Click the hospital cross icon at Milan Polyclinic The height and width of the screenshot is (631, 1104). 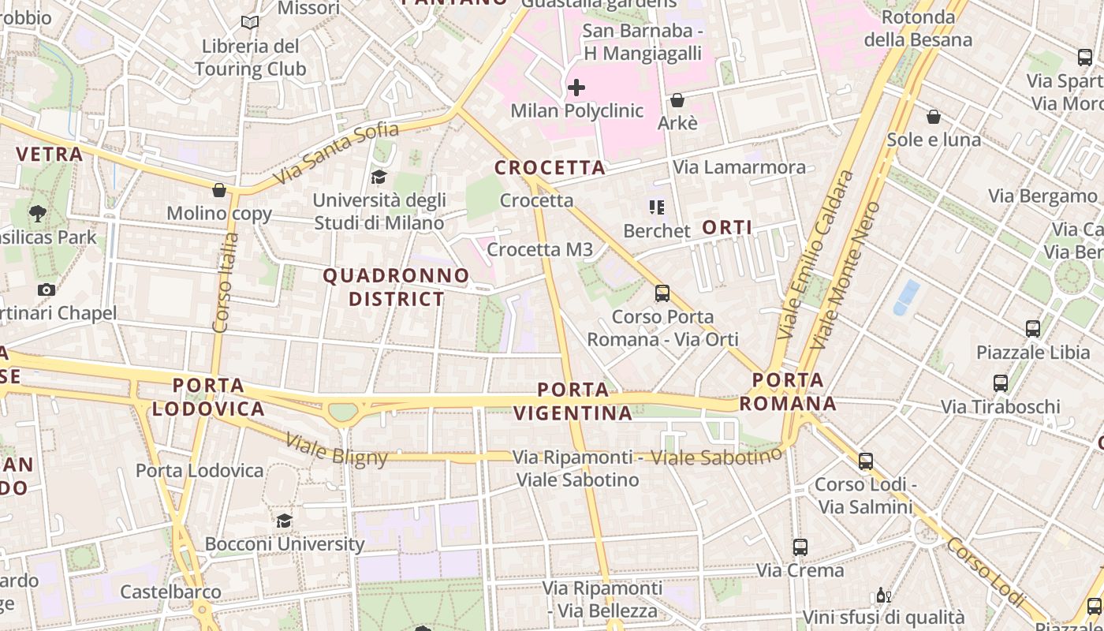click(576, 87)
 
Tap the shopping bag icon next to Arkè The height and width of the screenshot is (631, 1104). click(677, 100)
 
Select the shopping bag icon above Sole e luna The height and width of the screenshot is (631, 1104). click(934, 117)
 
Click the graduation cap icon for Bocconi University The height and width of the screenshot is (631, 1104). click(284, 521)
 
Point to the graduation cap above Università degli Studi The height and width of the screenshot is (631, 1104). click(379, 176)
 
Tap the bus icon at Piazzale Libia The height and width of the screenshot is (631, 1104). click(1032, 328)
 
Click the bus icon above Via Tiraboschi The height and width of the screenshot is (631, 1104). click(1000, 383)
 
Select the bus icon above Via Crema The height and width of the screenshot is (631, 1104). click(800, 547)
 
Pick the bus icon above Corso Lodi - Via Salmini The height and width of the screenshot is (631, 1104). click(865, 461)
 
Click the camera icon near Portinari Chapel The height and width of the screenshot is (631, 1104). click(47, 289)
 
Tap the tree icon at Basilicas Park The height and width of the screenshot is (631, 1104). click(37, 213)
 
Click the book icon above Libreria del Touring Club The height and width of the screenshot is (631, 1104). click(250, 23)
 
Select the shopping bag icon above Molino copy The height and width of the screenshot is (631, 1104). click(219, 190)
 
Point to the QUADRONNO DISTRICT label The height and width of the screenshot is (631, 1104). click(397, 287)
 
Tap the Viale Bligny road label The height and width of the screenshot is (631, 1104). click(337, 450)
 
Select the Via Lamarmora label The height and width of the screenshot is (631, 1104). click(739, 167)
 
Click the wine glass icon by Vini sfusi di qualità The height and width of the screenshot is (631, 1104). click(883, 595)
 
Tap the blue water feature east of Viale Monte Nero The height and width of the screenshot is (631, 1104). click(906, 297)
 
